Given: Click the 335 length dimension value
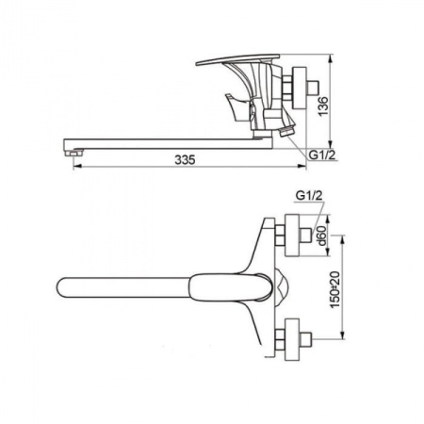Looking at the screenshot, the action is [x=185, y=159].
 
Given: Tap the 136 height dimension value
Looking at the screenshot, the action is [x=323, y=106].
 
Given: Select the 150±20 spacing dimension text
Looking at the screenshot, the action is [x=335, y=289].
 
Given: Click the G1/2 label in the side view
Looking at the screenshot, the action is [x=322, y=155].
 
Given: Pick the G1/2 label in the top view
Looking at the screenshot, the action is [x=309, y=196].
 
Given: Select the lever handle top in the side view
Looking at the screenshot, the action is [x=237, y=59].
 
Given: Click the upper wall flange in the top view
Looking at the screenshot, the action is [x=292, y=236].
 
